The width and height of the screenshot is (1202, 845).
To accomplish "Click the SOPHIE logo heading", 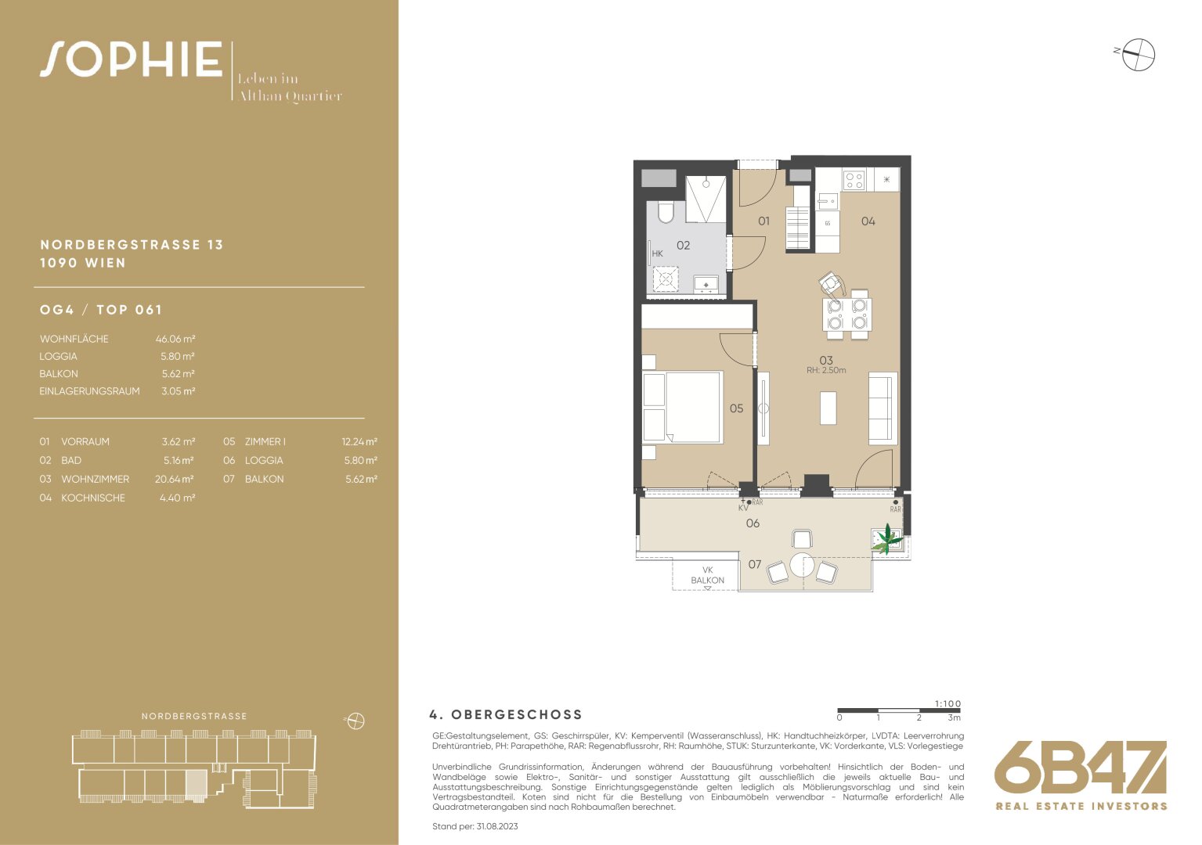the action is [131, 59].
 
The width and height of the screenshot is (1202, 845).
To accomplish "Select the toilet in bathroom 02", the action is [666, 213].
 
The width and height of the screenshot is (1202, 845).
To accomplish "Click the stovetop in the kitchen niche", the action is [854, 180].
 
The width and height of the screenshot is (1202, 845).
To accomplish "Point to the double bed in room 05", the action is [681, 408].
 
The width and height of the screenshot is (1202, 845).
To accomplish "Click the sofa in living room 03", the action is [883, 408].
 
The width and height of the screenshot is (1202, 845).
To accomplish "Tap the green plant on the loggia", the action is [887, 539].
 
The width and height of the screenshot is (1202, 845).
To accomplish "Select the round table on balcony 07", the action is [802, 565].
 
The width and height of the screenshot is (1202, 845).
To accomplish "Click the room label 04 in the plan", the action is [868, 221].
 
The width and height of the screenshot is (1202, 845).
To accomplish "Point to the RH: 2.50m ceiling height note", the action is [826, 370].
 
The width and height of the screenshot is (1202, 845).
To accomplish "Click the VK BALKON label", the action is [707, 575].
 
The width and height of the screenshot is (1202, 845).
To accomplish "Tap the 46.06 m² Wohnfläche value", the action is [175, 339].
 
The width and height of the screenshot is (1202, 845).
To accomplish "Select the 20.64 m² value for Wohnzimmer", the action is [175, 479].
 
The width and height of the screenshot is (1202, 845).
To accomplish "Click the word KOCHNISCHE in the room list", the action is [93, 498].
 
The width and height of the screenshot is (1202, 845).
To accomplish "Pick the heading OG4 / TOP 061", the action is [101, 309].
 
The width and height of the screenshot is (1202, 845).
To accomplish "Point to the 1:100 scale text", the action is [948, 703].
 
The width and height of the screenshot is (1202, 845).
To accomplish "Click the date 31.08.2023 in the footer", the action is [497, 826].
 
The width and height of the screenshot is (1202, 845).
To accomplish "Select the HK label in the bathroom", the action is [657, 253].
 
